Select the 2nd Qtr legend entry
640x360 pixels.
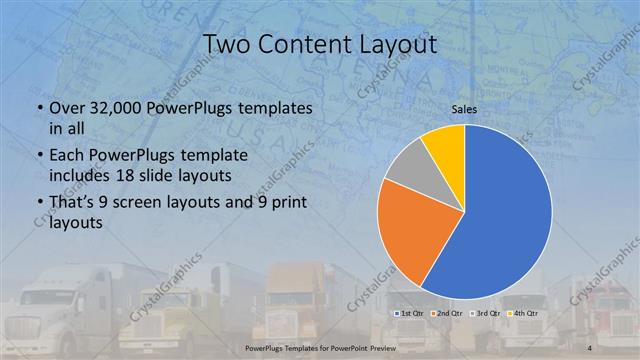(x=450, y=313)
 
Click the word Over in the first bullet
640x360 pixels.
(x=67, y=107)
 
